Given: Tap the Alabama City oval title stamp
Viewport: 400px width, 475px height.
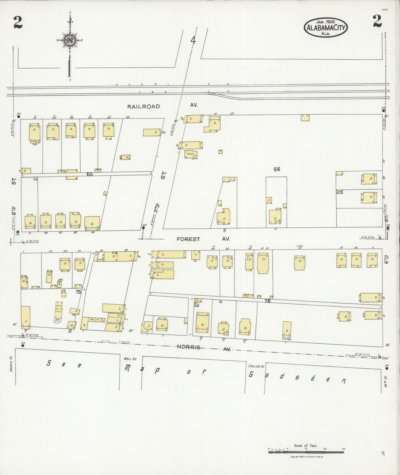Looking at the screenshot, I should pos(326,28).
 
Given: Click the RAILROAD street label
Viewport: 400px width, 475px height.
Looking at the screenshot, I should pos(143,106).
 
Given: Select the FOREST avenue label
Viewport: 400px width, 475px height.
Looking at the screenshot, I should pos(189,239).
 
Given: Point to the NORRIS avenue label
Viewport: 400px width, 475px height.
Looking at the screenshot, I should pos(189,347).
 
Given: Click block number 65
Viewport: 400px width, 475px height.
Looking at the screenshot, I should pos(89,174).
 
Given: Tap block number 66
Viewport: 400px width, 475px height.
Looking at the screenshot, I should pos(277,169).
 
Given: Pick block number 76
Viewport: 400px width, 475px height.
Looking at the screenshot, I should pos(267,301).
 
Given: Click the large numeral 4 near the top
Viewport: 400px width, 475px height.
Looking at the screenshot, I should pos(193,41).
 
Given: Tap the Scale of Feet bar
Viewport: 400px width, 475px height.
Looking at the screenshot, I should pos(306,452).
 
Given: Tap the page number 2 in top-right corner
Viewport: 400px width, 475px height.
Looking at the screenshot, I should pos(377,21).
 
